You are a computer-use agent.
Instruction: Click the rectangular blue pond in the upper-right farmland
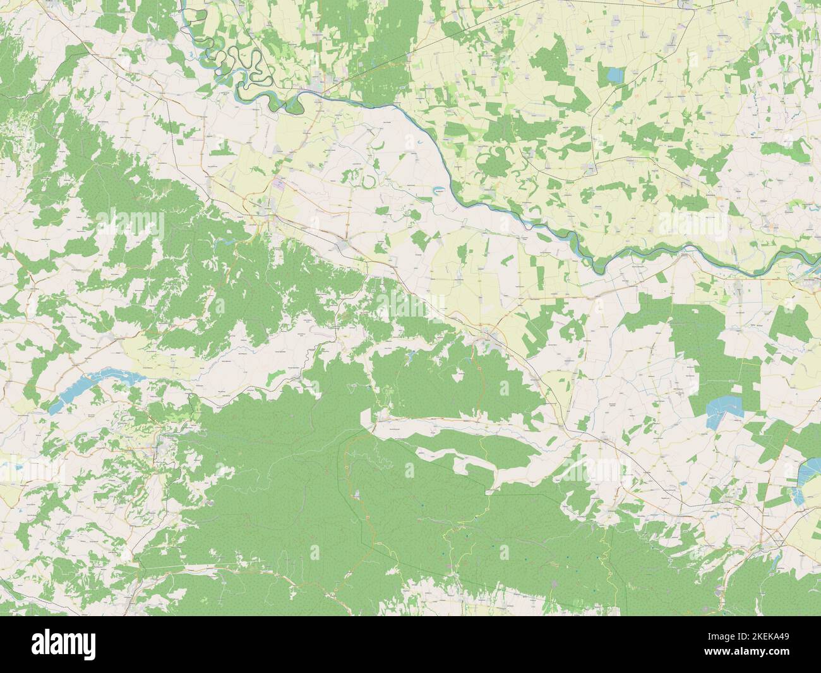point(613,75)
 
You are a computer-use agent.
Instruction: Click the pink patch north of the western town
point(279,184)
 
